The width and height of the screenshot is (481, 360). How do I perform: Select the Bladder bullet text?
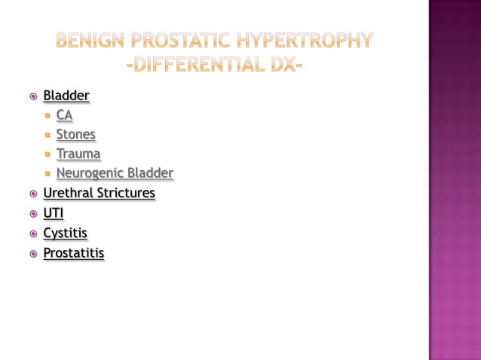point(66,96)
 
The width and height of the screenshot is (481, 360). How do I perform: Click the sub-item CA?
point(65,115)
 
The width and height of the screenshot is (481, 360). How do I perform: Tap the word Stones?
point(76,135)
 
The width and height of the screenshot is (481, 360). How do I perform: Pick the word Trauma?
point(78,154)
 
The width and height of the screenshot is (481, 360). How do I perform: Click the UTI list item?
point(54,213)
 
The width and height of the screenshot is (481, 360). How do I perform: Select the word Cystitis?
point(65,233)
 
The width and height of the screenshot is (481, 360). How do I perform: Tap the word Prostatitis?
point(74,253)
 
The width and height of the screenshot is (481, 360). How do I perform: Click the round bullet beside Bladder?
point(32,96)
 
